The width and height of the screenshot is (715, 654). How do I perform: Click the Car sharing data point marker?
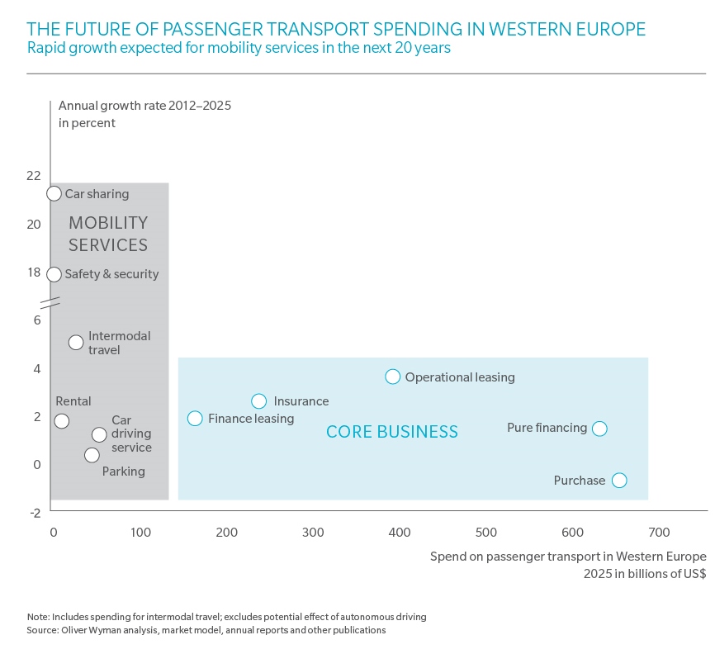pyautogui.click(x=54, y=193)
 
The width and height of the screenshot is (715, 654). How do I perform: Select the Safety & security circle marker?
pyautogui.click(x=54, y=274)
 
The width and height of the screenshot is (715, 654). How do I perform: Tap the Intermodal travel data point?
pyautogui.click(x=75, y=342)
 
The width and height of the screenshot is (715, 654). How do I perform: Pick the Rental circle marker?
pyautogui.click(x=61, y=421)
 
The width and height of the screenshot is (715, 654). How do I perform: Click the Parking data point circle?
pyautogui.click(x=92, y=455)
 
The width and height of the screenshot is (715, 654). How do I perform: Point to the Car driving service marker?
pyautogui.click(x=99, y=434)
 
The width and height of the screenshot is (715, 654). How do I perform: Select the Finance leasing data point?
pyautogui.click(x=195, y=418)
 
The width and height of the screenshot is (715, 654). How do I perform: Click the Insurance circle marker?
pyautogui.click(x=258, y=400)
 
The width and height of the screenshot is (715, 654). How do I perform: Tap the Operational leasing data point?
pyautogui.click(x=392, y=377)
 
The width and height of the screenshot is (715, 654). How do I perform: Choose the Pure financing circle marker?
pyautogui.click(x=600, y=428)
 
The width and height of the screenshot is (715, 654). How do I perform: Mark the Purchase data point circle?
pyautogui.click(x=619, y=480)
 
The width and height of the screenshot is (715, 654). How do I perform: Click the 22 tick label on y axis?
pyautogui.click(x=33, y=175)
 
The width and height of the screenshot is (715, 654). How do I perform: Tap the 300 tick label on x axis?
pyautogui.click(x=313, y=532)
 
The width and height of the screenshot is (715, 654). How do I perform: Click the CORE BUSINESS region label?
pyautogui.click(x=392, y=431)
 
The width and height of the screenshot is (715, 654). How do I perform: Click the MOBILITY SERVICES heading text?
pyautogui.click(x=108, y=234)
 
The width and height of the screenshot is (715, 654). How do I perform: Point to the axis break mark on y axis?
pyautogui.click(x=51, y=302)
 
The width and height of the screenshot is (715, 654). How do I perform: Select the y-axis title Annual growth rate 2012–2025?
pyautogui.click(x=145, y=106)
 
